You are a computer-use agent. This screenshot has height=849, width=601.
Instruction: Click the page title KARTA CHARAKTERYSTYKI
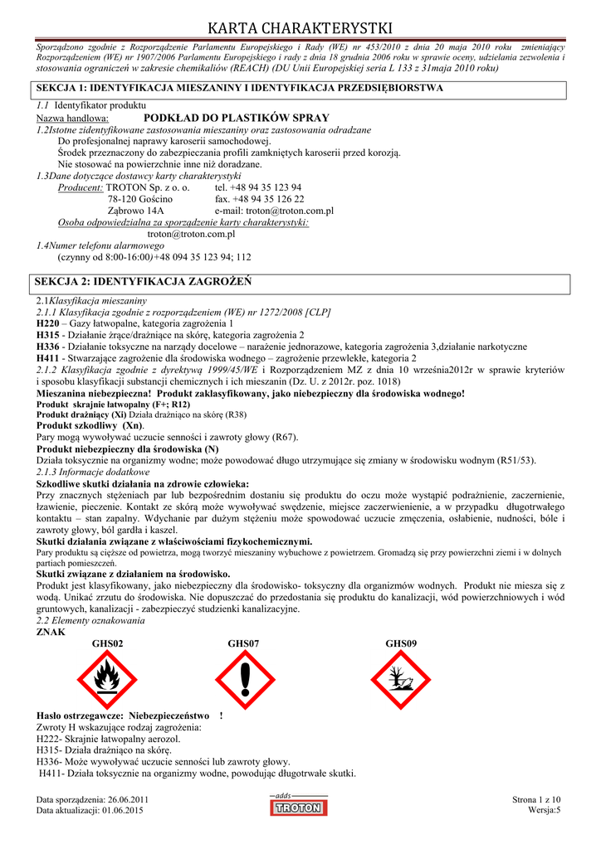[x=300, y=30]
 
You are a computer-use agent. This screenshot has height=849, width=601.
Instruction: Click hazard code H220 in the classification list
[x=48, y=323]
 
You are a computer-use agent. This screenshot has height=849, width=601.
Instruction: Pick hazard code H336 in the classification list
[x=48, y=346]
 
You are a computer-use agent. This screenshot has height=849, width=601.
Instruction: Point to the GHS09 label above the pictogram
[x=401, y=643]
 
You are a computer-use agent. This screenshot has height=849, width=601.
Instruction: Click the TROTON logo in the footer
[x=298, y=806]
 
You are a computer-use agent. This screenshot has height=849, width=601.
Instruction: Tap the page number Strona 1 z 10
[x=537, y=799]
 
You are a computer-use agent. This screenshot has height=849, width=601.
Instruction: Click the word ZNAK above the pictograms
[x=51, y=632]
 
